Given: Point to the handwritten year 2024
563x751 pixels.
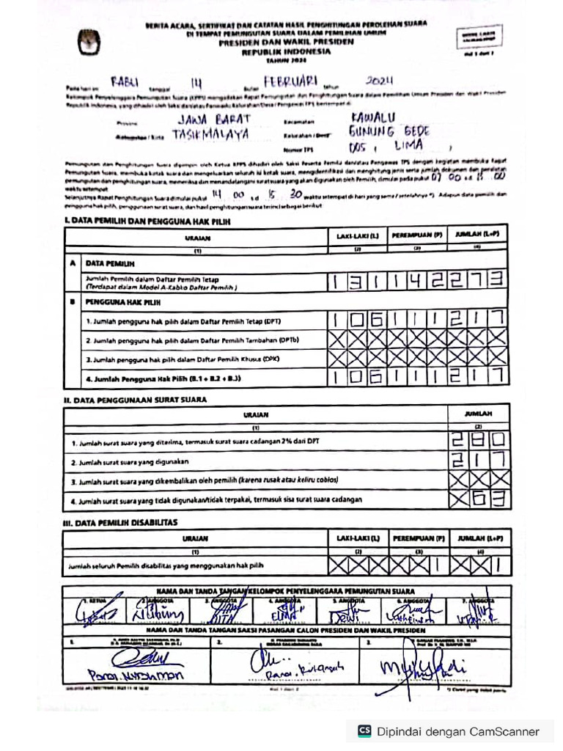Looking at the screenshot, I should click(x=380, y=81).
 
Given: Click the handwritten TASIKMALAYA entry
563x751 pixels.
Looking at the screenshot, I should click(x=210, y=135).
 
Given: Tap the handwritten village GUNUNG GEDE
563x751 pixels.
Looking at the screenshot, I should click(x=391, y=132).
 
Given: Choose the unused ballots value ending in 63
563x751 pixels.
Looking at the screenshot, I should click(x=479, y=500).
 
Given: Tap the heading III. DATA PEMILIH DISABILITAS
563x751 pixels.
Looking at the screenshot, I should click(x=120, y=523).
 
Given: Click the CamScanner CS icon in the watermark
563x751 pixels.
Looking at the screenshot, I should click(x=364, y=731).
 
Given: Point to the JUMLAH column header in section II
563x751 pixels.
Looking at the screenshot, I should click(x=478, y=414).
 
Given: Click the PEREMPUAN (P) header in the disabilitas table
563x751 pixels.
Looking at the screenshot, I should click(x=418, y=538).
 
